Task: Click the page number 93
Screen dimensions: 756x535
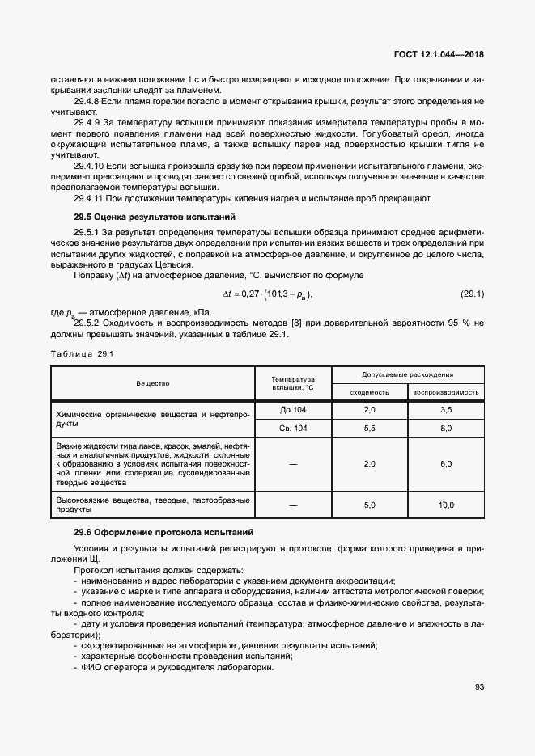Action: click(x=478, y=687)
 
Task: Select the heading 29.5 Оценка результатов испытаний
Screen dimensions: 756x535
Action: click(x=154, y=218)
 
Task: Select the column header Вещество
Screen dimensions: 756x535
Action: click(x=152, y=383)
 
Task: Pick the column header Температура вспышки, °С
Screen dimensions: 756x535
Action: click(x=292, y=383)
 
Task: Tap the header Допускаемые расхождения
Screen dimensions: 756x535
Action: click(x=406, y=375)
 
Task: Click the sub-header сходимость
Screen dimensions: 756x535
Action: click(x=369, y=392)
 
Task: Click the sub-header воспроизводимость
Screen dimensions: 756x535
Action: click(x=445, y=392)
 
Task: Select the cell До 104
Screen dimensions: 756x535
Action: click(x=292, y=410)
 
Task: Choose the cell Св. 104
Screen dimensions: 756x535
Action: click(x=292, y=429)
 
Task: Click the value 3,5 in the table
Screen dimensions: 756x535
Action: click(x=445, y=410)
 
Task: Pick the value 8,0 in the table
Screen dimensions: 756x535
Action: click(x=445, y=429)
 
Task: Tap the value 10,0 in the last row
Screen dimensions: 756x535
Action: click(x=445, y=505)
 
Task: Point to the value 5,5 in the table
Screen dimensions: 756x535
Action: click(x=369, y=429)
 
